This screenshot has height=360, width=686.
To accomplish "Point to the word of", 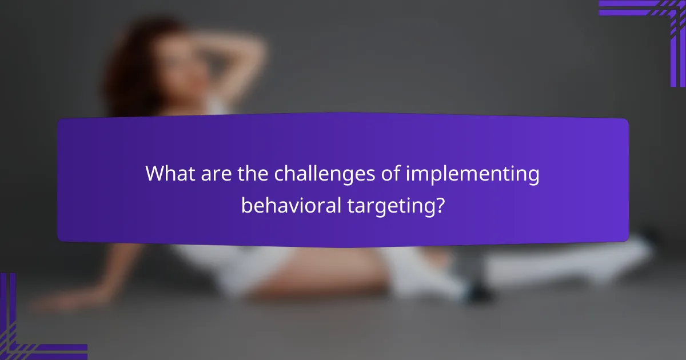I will (390, 174).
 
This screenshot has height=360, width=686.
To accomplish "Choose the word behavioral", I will (291, 204).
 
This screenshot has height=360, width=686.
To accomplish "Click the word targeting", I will (389, 205).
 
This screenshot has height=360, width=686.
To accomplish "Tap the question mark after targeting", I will (439, 204).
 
